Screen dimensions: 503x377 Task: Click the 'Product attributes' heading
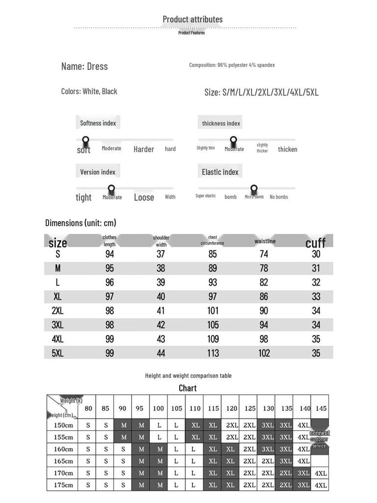pyautogui.click(x=192, y=19)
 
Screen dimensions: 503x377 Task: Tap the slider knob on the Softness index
pyautogui.click(x=85, y=140)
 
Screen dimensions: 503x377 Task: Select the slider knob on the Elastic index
pyautogui.click(x=254, y=189)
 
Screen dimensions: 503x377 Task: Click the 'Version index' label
pyautogui.click(x=98, y=172)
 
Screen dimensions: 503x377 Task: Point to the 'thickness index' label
pyautogui.click(x=221, y=123)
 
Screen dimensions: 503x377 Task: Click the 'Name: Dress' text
pyautogui.click(x=84, y=66)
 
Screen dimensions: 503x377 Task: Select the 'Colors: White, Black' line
pyautogui.click(x=89, y=91)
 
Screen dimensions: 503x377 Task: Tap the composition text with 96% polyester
pyautogui.click(x=232, y=65)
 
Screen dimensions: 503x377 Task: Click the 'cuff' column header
pyautogui.click(x=316, y=243)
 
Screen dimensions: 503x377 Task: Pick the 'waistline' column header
pyautogui.click(x=265, y=241)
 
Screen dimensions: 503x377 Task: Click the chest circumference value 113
pyautogui.click(x=213, y=353)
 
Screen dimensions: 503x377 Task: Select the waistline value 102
pyautogui.click(x=264, y=353)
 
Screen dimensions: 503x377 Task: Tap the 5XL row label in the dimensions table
pyautogui.click(x=57, y=353)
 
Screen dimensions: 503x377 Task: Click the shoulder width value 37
pyautogui.click(x=161, y=254)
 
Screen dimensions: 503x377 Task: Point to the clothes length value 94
pyautogui.click(x=109, y=254)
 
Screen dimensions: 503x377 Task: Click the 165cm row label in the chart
pyautogui.click(x=63, y=461)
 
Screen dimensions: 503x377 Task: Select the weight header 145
pyautogui.click(x=321, y=408)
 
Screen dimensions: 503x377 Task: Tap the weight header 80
pyautogui.click(x=88, y=408)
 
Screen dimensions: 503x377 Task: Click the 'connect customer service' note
pyautogui.click(x=319, y=439)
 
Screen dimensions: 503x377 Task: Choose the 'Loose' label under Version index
pyautogui.click(x=144, y=197)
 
